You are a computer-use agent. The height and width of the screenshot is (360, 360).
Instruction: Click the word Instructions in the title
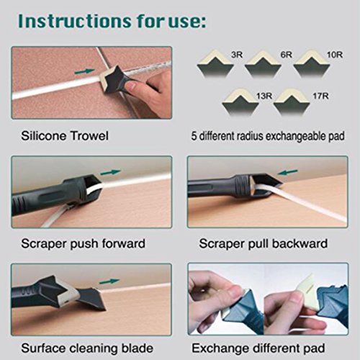(74, 21)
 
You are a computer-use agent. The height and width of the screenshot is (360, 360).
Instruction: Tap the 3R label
(237, 55)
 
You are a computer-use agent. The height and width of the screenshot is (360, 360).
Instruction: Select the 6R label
(287, 55)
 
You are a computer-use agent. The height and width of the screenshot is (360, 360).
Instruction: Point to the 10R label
(335, 55)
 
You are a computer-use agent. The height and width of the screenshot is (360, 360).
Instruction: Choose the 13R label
(264, 96)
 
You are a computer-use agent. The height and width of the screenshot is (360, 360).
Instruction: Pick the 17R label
(320, 96)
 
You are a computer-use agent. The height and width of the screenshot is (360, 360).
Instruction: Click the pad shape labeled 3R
(215, 63)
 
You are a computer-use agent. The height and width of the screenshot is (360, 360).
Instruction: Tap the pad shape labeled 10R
(312, 63)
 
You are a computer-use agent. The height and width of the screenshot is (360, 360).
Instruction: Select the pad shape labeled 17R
(292, 102)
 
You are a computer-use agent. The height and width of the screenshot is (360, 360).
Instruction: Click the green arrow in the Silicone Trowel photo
(84, 71)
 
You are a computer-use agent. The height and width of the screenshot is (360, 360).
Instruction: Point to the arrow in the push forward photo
(110, 172)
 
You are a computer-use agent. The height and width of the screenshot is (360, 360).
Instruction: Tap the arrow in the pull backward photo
(287, 172)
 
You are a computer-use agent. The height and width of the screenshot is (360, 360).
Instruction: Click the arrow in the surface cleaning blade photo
(109, 281)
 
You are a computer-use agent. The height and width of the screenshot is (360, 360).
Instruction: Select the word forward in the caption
(123, 243)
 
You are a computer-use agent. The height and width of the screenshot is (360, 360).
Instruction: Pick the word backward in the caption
(300, 243)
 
